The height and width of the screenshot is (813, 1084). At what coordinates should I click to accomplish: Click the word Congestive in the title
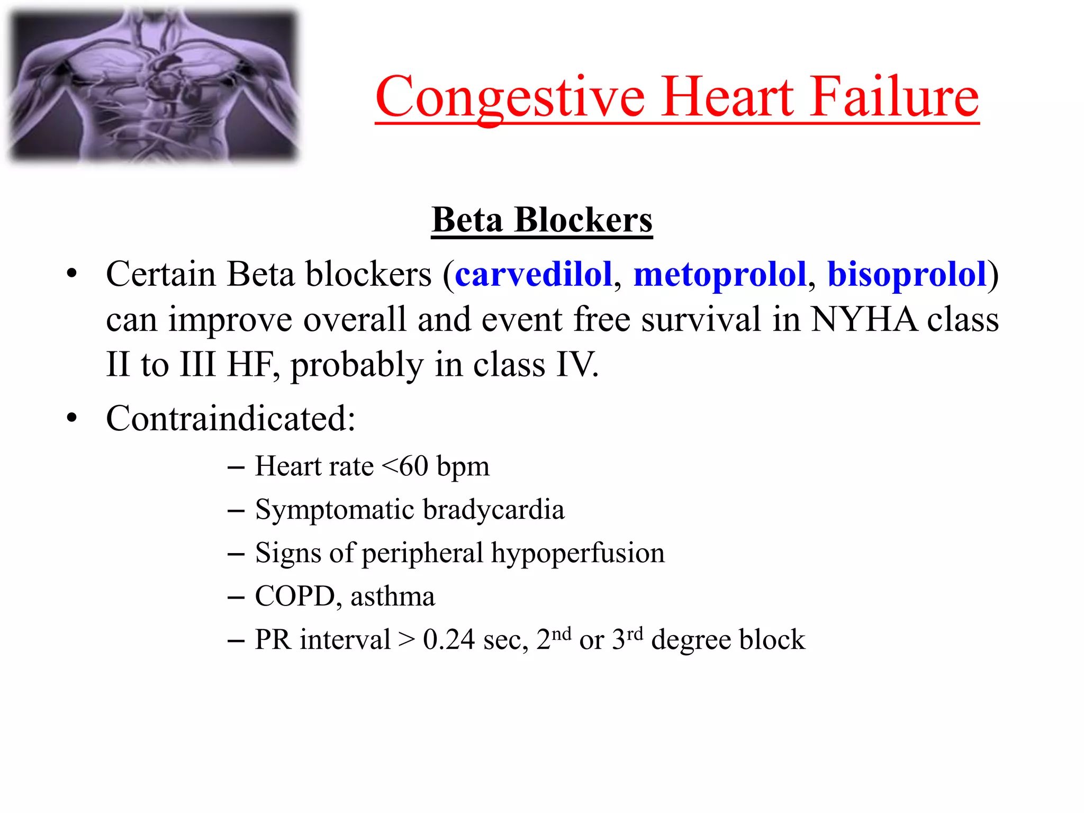click(x=510, y=97)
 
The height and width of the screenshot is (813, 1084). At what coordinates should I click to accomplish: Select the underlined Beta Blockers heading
click(x=542, y=220)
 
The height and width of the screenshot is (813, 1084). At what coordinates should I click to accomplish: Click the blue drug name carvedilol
click(x=534, y=274)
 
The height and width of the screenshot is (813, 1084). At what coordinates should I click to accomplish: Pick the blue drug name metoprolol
click(x=720, y=275)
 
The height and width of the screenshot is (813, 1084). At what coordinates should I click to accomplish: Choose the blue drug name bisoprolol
click(x=907, y=275)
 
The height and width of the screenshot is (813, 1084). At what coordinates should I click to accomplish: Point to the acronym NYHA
click(x=864, y=320)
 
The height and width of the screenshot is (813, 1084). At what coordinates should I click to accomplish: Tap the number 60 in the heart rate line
click(x=413, y=466)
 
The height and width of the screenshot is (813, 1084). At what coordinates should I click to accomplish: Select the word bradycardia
click(x=493, y=510)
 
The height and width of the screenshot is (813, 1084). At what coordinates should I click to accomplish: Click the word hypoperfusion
click(x=577, y=554)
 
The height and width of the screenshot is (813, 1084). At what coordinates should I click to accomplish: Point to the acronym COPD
click(x=295, y=597)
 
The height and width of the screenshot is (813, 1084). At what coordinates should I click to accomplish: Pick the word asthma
click(x=392, y=597)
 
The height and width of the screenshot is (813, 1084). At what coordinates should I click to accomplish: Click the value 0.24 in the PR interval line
click(x=449, y=640)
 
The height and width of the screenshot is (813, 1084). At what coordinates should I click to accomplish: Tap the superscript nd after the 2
click(x=562, y=634)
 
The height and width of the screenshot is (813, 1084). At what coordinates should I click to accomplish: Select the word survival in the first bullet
click(x=701, y=320)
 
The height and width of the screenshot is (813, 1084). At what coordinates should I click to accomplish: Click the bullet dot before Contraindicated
click(x=72, y=418)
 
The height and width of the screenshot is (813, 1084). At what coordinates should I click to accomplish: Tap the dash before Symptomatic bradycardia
click(x=236, y=511)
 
